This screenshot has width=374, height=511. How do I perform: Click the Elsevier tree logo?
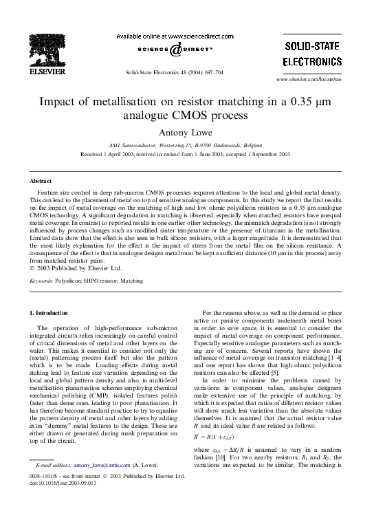50,47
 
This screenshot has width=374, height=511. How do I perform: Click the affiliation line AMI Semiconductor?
186,146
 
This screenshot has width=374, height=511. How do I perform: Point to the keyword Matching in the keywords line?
134,281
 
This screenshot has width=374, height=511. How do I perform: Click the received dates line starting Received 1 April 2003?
186,155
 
